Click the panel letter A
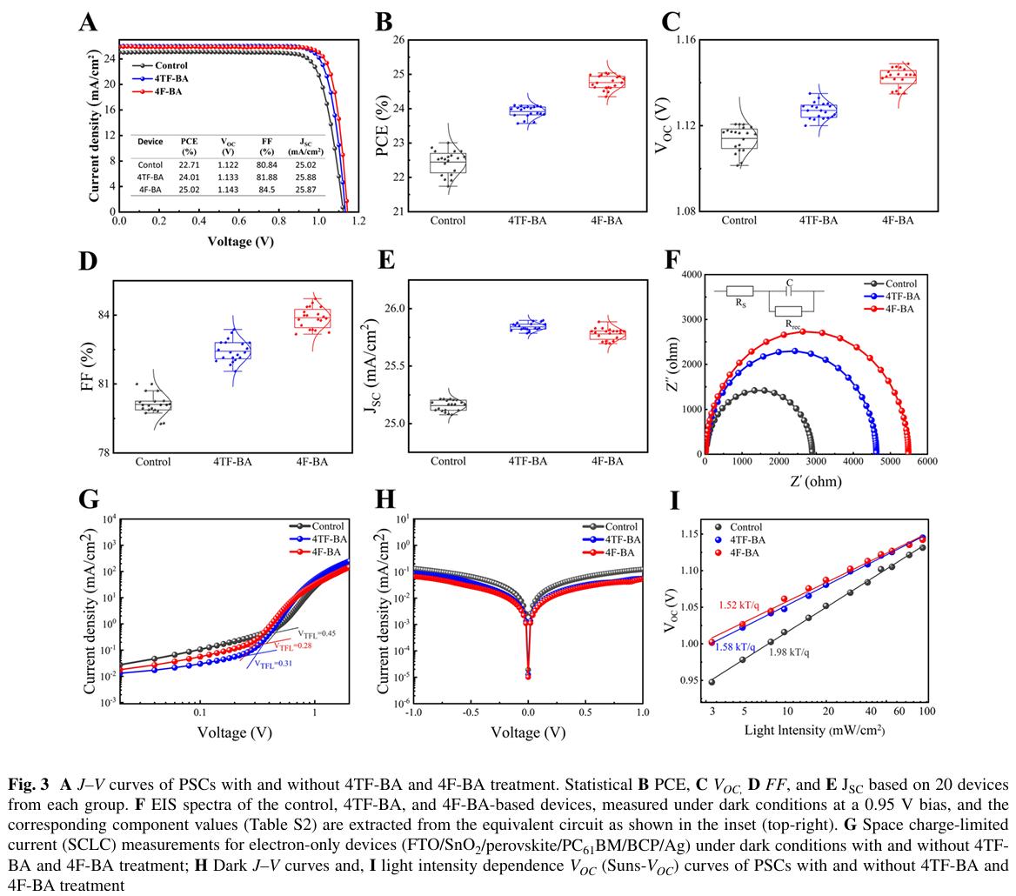pos(87,22)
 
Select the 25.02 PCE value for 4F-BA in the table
pos(189,190)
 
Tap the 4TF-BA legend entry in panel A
pos(171,78)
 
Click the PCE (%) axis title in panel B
pos(383,126)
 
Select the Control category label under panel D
pos(153,462)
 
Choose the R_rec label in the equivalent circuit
pos(793,324)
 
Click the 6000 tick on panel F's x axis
pos(926,462)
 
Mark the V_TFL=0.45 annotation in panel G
pos(316,633)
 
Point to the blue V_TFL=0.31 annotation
pos(274,664)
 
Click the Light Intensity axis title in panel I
pos(814,730)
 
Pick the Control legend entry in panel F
pos(900,284)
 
